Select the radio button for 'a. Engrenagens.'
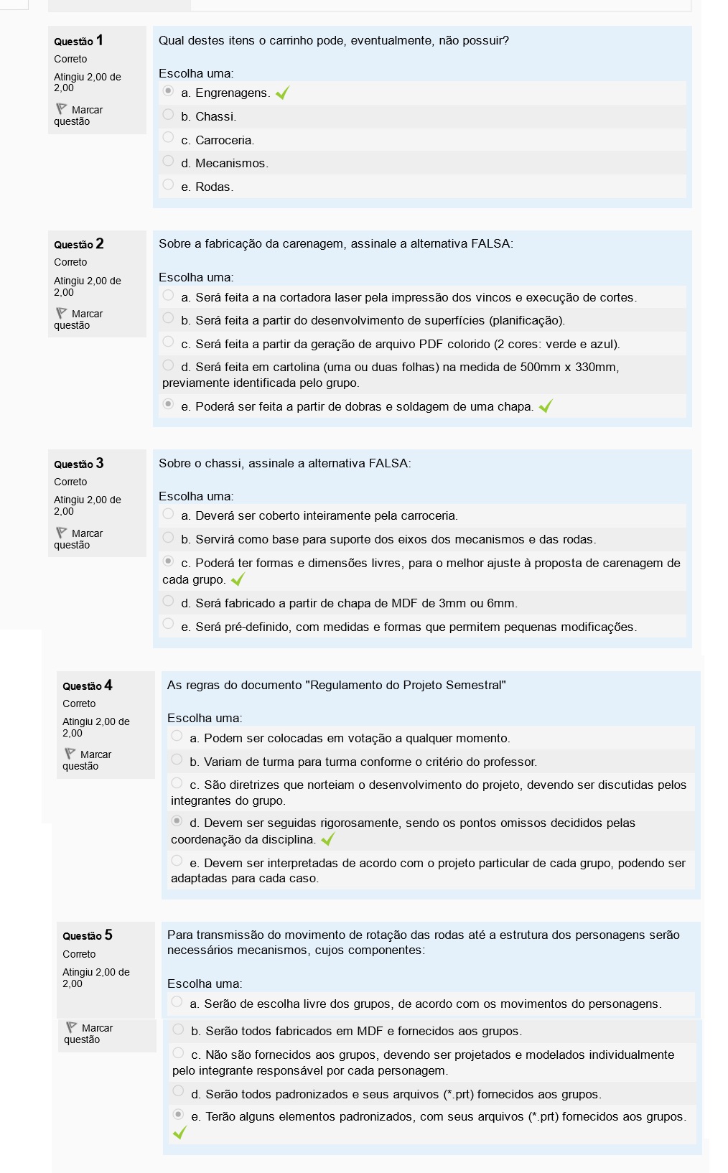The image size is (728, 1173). click(x=168, y=91)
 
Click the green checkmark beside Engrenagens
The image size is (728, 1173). click(x=282, y=93)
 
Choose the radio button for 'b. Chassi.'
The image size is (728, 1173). click(x=168, y=115)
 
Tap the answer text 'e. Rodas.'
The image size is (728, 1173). click(x=207, y=187)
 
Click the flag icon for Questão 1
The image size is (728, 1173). click(x=61, y=109)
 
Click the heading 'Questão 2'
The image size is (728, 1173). click(x=78, y=244)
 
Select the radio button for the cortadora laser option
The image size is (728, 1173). click(x=168, y=295)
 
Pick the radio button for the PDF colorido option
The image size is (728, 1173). click(x=168, y=342)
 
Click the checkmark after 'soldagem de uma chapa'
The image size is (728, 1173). click(x=546, y=406)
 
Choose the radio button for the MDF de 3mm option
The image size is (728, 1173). click(x=168, y=601)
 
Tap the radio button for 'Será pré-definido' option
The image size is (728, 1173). click(x=168, y=624)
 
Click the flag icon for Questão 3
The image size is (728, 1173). click(x=61, y=533)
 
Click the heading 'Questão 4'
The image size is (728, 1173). click(x=87, y=686)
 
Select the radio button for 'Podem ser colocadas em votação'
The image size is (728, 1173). click(x=177, y=736)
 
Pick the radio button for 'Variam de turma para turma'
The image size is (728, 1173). click(x=177, y=760)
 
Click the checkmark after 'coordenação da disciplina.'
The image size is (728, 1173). click(x=328, y=839)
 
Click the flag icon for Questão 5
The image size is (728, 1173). click(x=71, y=1027)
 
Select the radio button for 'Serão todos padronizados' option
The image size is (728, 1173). click(x=178, y=1091)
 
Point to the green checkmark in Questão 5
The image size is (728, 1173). click(x=179, y=1132)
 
